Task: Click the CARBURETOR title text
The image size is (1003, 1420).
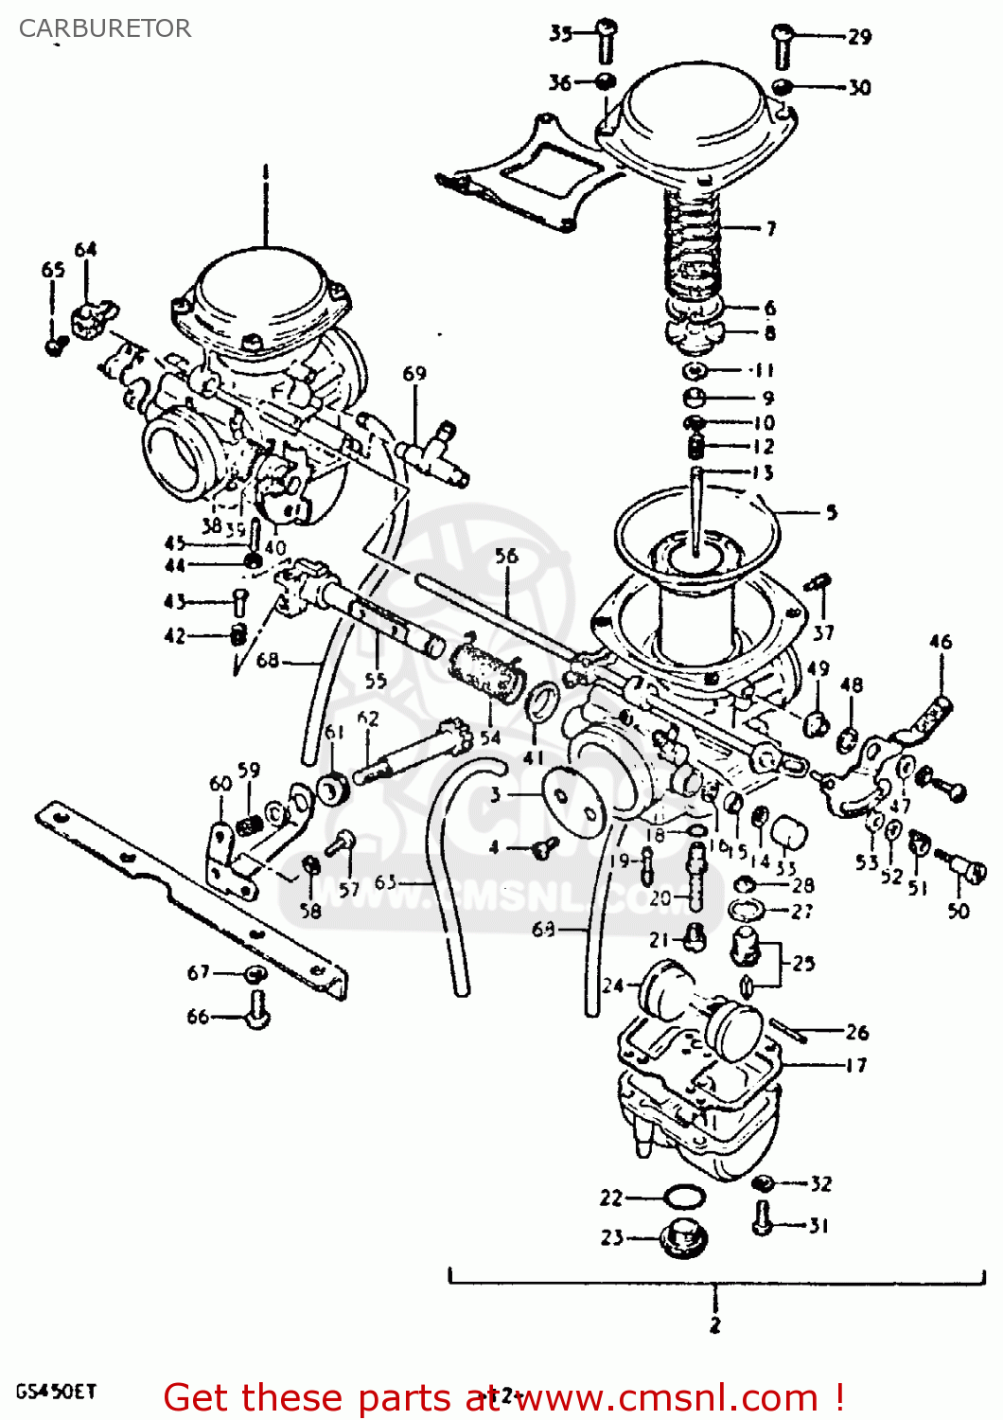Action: [x=105, y=28]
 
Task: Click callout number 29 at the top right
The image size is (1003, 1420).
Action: [x=859, y=37]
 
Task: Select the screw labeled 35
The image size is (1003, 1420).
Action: [x=606, y=41]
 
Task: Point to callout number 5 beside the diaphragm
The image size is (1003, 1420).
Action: [x=831, y=513]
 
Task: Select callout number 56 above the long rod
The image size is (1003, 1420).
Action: [x=506, y=556]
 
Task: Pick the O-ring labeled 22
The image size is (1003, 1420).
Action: [x=683, y=1198]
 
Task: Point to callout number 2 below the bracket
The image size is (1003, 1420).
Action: [x=714, y=1324]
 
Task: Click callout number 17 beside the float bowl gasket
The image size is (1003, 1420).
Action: [x=855, y=1066]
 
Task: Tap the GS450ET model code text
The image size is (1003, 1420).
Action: [x=56, y=1392]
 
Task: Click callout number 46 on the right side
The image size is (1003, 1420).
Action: [x=940, y=642]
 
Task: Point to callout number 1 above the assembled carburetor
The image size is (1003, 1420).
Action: [x=265, y=172]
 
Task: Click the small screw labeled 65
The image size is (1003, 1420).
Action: [x=55, y=345]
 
